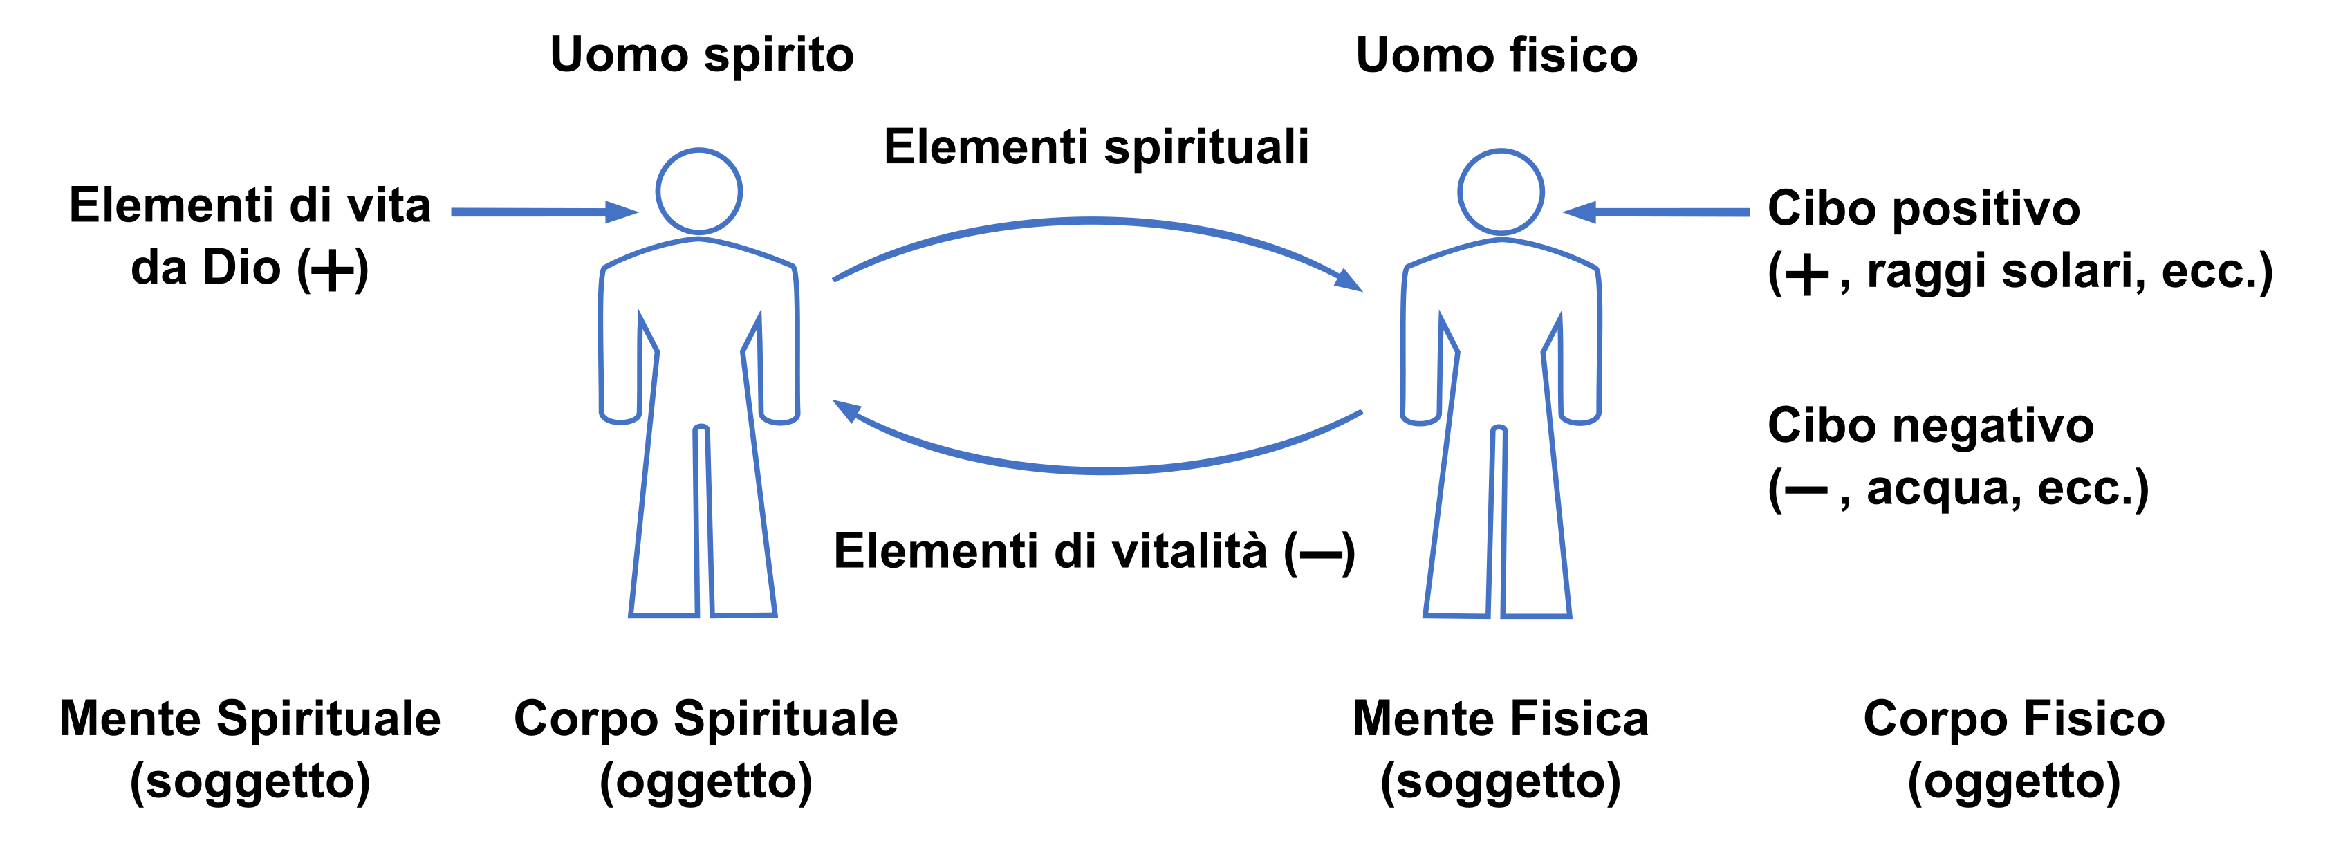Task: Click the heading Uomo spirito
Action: (701, 55)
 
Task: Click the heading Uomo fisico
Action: (1496, 55)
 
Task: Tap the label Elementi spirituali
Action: (1095, 147)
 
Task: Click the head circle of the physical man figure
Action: (1501, 192)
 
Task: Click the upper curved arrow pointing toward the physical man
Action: (1092, 221)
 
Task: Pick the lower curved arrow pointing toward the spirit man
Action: (1101, 470)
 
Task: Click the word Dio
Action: (241, 268)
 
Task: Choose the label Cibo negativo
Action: (1930, 425)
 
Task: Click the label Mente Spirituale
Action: (250, 719)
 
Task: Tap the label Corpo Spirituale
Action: (705, 719)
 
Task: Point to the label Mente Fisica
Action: (1499, 719)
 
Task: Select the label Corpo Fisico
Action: (2013, 719)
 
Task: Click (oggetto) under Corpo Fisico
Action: (2013, 781)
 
